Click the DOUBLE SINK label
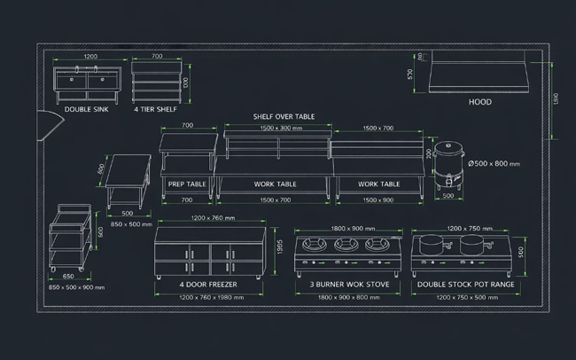coord(87,110)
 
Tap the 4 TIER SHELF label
coord(155,110)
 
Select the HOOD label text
coord(479,102)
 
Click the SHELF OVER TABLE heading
coord(284,116)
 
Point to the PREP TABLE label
coord(187,184)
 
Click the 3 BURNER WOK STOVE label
coord(349,285)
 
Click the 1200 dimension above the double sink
coord(90,56)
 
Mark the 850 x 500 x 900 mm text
coord(76,287)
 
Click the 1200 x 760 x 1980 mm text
coord(211,297)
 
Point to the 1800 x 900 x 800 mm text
coord(349,297)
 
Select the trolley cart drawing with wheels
coord(69,237)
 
